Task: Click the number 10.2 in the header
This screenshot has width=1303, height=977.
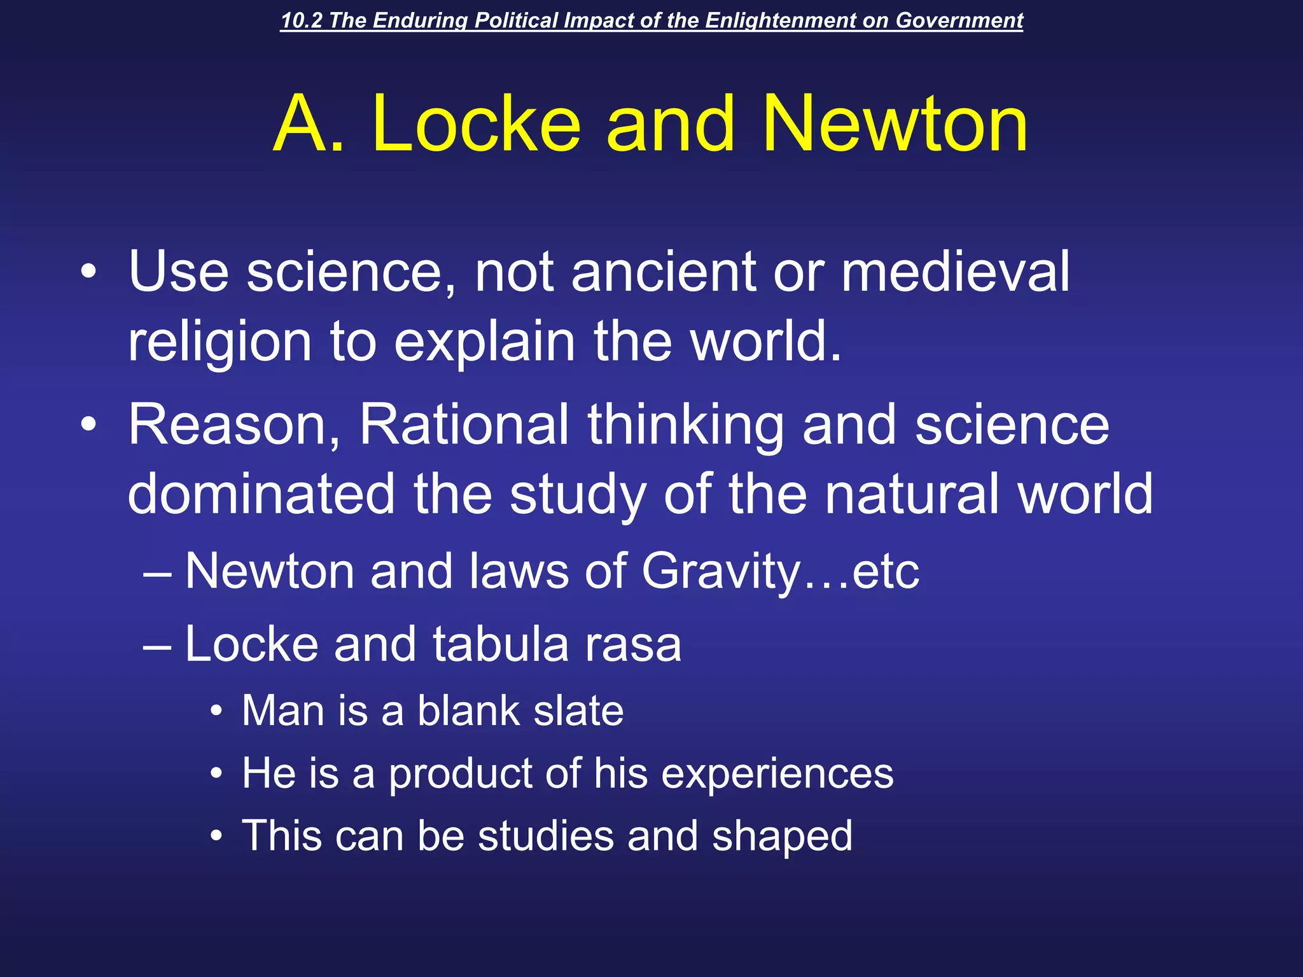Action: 303,20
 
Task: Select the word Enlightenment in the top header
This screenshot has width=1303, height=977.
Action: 780,20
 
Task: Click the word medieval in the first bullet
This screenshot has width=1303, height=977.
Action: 955,272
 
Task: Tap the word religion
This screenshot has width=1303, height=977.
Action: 219,342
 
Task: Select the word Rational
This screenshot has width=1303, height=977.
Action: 464,425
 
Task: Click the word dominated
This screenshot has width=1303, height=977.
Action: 261,494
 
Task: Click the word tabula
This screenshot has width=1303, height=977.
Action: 501,644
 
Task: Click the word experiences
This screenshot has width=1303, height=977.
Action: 777,774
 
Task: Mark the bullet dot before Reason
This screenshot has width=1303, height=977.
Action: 88,426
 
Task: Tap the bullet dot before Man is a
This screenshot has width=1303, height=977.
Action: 217,712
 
